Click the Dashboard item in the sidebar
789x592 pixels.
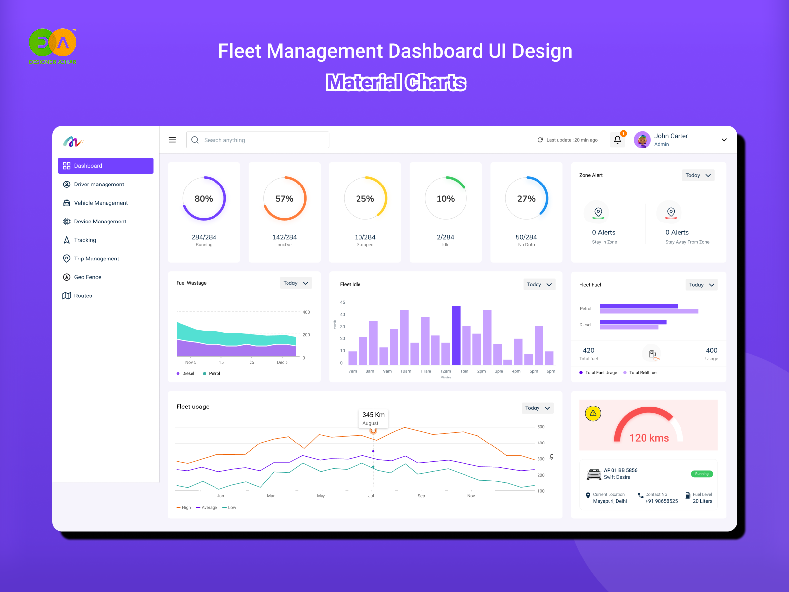(x=106, y=166)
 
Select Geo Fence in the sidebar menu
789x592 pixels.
(x=87, y=277)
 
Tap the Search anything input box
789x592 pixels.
(x=258, y=140)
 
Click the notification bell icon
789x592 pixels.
(x=617, y=140)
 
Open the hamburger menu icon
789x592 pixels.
(x=172, y=140)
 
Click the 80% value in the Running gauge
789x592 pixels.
(x=204, y=199)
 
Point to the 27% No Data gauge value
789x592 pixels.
(x=526, y=199)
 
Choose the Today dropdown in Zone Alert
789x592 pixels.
(x=698, y=175)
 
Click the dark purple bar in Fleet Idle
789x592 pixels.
(x=456, y=335)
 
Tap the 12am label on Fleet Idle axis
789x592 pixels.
(x=445, y=371)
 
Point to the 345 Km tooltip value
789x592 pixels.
(x=373, y=415)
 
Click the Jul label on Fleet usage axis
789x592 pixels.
(x=371, y=496)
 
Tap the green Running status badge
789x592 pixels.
(x=702, y=474)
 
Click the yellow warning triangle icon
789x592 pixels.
(x=593, y=413)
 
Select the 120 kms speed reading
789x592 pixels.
(x=649, y=438)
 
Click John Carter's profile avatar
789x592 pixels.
(x=642, y=140)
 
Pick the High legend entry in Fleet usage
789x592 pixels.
(x=184, y=508)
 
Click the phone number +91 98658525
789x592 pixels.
(x=661, y=501)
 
